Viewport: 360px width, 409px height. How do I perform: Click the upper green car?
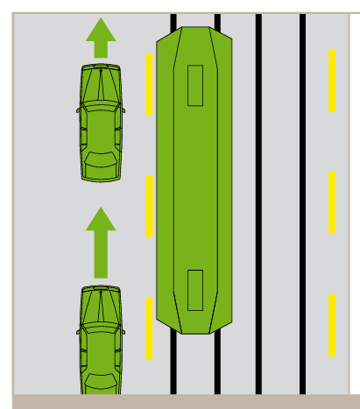101,123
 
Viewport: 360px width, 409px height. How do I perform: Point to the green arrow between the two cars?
101,242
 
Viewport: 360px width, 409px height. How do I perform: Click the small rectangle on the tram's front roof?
194,85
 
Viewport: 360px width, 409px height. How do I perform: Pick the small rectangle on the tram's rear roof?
194,289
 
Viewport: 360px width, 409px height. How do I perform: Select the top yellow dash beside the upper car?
149,84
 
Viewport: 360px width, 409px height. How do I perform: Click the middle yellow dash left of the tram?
149,205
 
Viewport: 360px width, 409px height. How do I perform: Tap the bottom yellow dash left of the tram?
149,328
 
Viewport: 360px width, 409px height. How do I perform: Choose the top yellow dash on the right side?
332,81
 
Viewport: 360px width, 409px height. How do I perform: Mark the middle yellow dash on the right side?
332,201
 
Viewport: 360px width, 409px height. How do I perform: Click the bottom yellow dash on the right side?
332,324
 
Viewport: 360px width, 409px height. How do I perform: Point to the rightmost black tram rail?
302,201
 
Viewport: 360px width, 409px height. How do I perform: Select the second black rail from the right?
258,201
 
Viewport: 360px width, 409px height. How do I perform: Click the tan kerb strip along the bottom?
180,401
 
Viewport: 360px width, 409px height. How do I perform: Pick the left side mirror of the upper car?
79,110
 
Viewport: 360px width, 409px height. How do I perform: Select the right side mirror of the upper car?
123,110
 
